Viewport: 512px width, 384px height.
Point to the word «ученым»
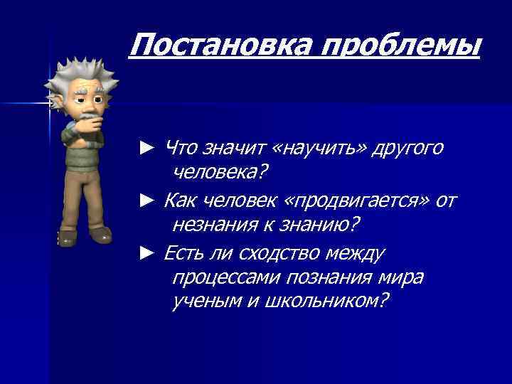(x=206, y=302)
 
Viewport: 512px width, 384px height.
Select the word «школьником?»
(x=326, y=302)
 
